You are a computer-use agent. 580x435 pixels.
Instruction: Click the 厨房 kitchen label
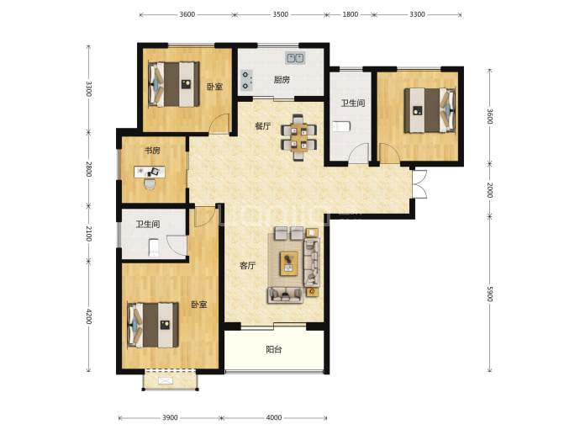pos(282,80)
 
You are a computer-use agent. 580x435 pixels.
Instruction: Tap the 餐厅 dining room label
pos(262,126)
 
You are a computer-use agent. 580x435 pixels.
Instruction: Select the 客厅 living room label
pos(247,265)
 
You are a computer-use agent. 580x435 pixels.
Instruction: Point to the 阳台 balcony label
pos(274,349)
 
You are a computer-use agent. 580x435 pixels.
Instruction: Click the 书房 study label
pos(152,151)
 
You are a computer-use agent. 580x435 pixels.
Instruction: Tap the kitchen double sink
pos(295,58)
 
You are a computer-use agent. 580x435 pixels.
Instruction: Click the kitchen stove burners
pos(246,80)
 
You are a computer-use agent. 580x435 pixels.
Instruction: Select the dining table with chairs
pos(299,137)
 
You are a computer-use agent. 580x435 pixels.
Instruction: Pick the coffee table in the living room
pos(289,263)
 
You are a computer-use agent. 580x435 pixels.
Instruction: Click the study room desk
pos(150,172)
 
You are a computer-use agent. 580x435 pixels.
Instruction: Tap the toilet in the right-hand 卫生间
pos(341,126)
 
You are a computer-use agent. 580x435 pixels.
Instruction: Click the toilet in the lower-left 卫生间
pos(154,247)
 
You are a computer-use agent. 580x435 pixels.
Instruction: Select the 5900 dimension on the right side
pos(490,294)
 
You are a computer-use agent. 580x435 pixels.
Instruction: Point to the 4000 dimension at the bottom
pos(274,417)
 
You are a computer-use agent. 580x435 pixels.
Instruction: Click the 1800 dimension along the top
pos(350,14)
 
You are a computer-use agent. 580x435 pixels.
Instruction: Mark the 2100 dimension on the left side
pos(88,234)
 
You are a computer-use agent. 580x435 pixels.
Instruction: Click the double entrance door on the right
pos(419,184)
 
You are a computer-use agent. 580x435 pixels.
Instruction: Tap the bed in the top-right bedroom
pos(430,110)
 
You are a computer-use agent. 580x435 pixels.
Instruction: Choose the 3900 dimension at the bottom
pos(170,417)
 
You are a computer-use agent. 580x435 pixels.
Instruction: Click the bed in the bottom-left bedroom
pos(153,325)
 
